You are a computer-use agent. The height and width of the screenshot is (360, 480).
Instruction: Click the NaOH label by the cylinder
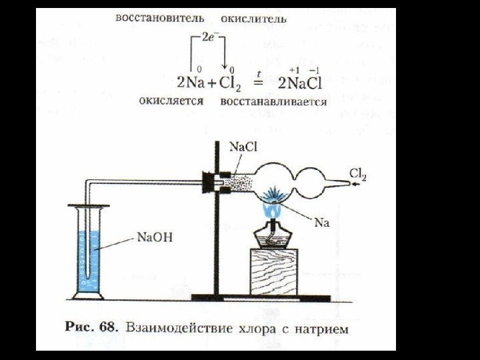pos(155,236)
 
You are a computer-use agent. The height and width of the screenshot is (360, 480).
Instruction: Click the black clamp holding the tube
pos(220,181)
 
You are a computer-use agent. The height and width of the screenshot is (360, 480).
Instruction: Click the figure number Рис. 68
pos(89,328)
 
